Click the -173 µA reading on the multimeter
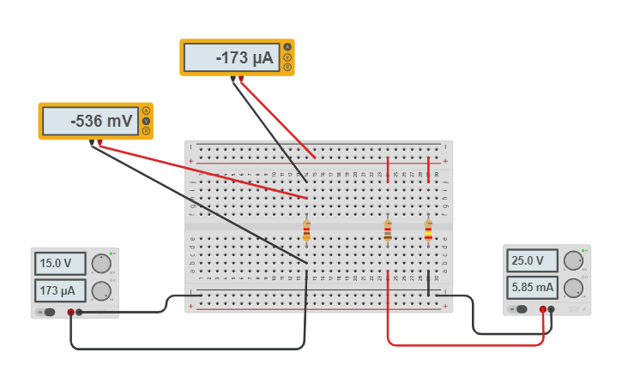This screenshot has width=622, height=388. (232, 58)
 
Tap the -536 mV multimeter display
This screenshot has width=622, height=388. (90, 122)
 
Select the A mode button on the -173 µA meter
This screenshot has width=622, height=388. (287, 47)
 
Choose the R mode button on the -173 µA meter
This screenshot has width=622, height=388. (287, 68)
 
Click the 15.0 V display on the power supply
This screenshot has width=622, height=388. (61, 263)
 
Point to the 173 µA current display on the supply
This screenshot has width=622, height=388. (61, 291)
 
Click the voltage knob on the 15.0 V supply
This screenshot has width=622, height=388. (102, 264)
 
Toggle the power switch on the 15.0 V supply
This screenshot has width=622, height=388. (49, 313)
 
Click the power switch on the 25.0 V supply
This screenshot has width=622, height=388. (521, 309)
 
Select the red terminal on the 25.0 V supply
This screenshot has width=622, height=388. (543, 309)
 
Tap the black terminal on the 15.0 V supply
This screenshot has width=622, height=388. (79, 313)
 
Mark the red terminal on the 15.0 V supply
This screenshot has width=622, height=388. (70, 313)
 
